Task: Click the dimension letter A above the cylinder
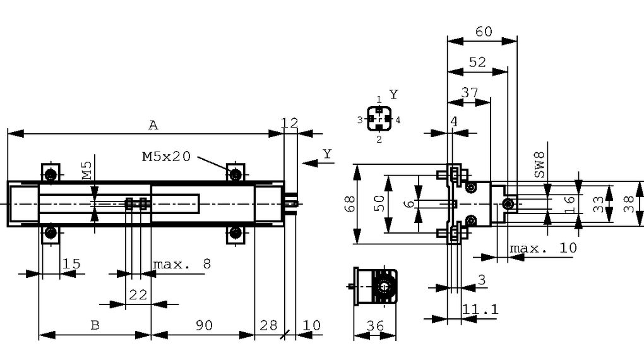tap(153, 125)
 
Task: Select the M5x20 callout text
tap(165, 156)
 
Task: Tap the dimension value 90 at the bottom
tap(203, 325)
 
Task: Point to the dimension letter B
tap(95, 325)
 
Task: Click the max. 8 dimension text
tap(182, 263)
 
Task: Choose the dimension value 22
tap(138, 294)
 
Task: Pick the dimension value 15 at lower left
tap(71, 263)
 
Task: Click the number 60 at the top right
tap(484, 31)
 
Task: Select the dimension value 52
tap(478, 61)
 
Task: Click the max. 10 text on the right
tap(543, 248)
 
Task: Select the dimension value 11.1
tap(480, 309)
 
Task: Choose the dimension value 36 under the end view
tap(376, 325)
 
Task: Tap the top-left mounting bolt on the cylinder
tap(51, 174)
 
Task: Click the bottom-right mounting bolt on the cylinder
tap(236, 233)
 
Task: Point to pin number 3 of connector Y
tap(359, 119)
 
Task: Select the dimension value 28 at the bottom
tap(268, 325)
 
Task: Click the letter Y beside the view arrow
tap(327, 153)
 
